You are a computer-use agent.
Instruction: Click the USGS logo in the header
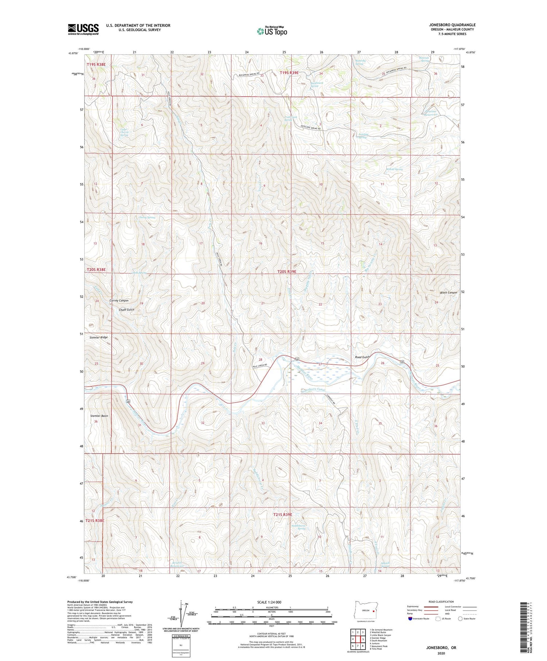83,29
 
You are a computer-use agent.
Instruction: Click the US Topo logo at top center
272,31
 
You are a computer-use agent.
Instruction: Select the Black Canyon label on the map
448,292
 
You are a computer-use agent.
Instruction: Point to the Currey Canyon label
119,300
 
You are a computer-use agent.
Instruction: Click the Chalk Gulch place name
126,310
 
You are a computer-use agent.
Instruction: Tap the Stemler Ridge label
98,338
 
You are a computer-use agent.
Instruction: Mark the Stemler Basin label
99,416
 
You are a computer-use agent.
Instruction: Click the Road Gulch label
362,357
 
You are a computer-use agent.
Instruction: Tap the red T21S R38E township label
95,521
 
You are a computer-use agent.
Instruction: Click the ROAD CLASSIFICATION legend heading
441,602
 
